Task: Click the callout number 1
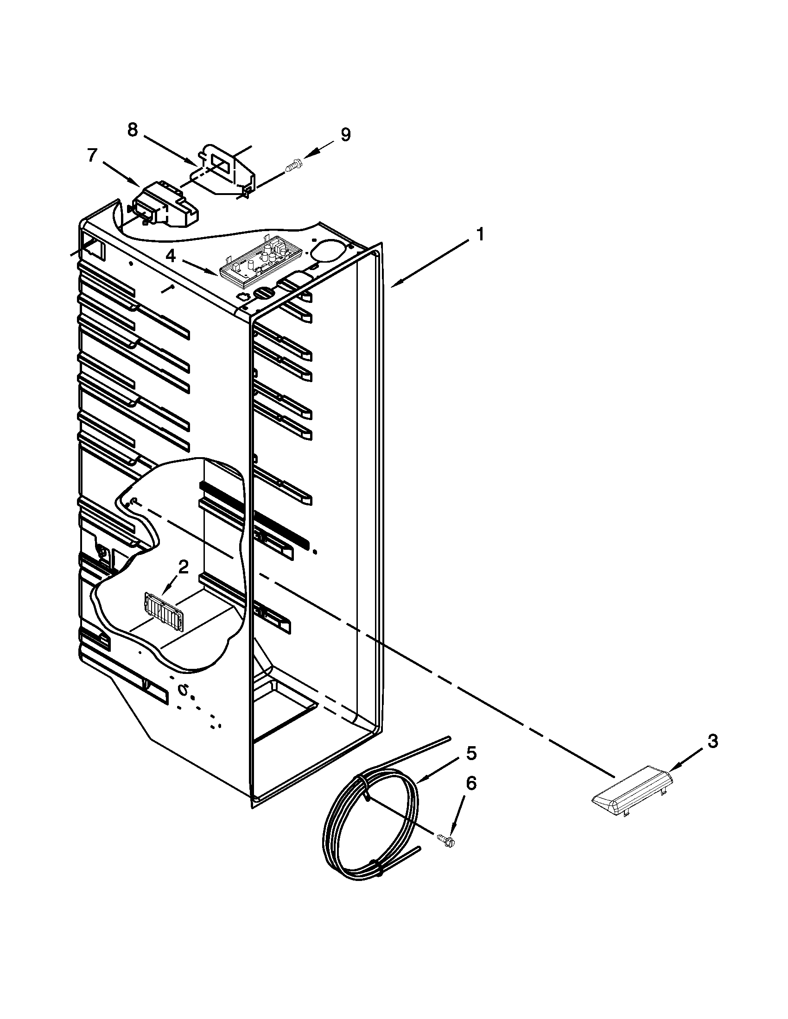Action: (479, 235)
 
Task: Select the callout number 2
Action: (184, 567)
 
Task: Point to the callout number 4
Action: (172, 256)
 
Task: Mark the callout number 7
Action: (93, 155)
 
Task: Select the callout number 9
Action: (345, 134)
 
